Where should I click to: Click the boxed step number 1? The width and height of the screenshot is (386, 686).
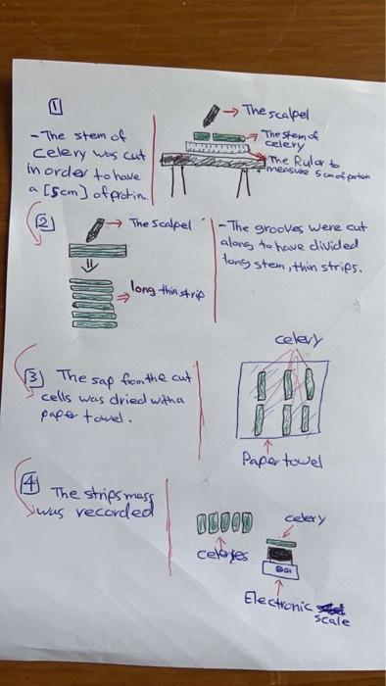(56, 106)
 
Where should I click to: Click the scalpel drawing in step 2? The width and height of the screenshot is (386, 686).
(95, 229)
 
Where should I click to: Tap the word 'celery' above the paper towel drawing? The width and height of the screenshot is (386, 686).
(297, 339)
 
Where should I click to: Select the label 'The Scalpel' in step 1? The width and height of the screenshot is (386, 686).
(273, 110)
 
